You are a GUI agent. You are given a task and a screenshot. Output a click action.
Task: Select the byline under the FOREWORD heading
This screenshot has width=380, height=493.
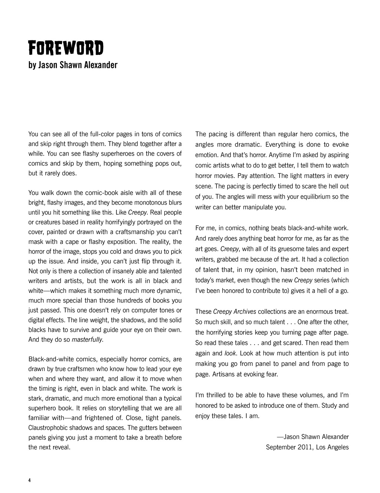(x=73, y=65)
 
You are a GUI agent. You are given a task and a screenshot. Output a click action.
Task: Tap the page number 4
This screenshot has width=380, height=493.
(x=29, y=480)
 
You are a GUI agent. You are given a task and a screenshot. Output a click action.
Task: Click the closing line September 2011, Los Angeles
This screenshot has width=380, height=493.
(x=307, y=447)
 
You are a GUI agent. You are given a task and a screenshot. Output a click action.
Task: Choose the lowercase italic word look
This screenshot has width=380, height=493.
(x=230, y=353)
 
